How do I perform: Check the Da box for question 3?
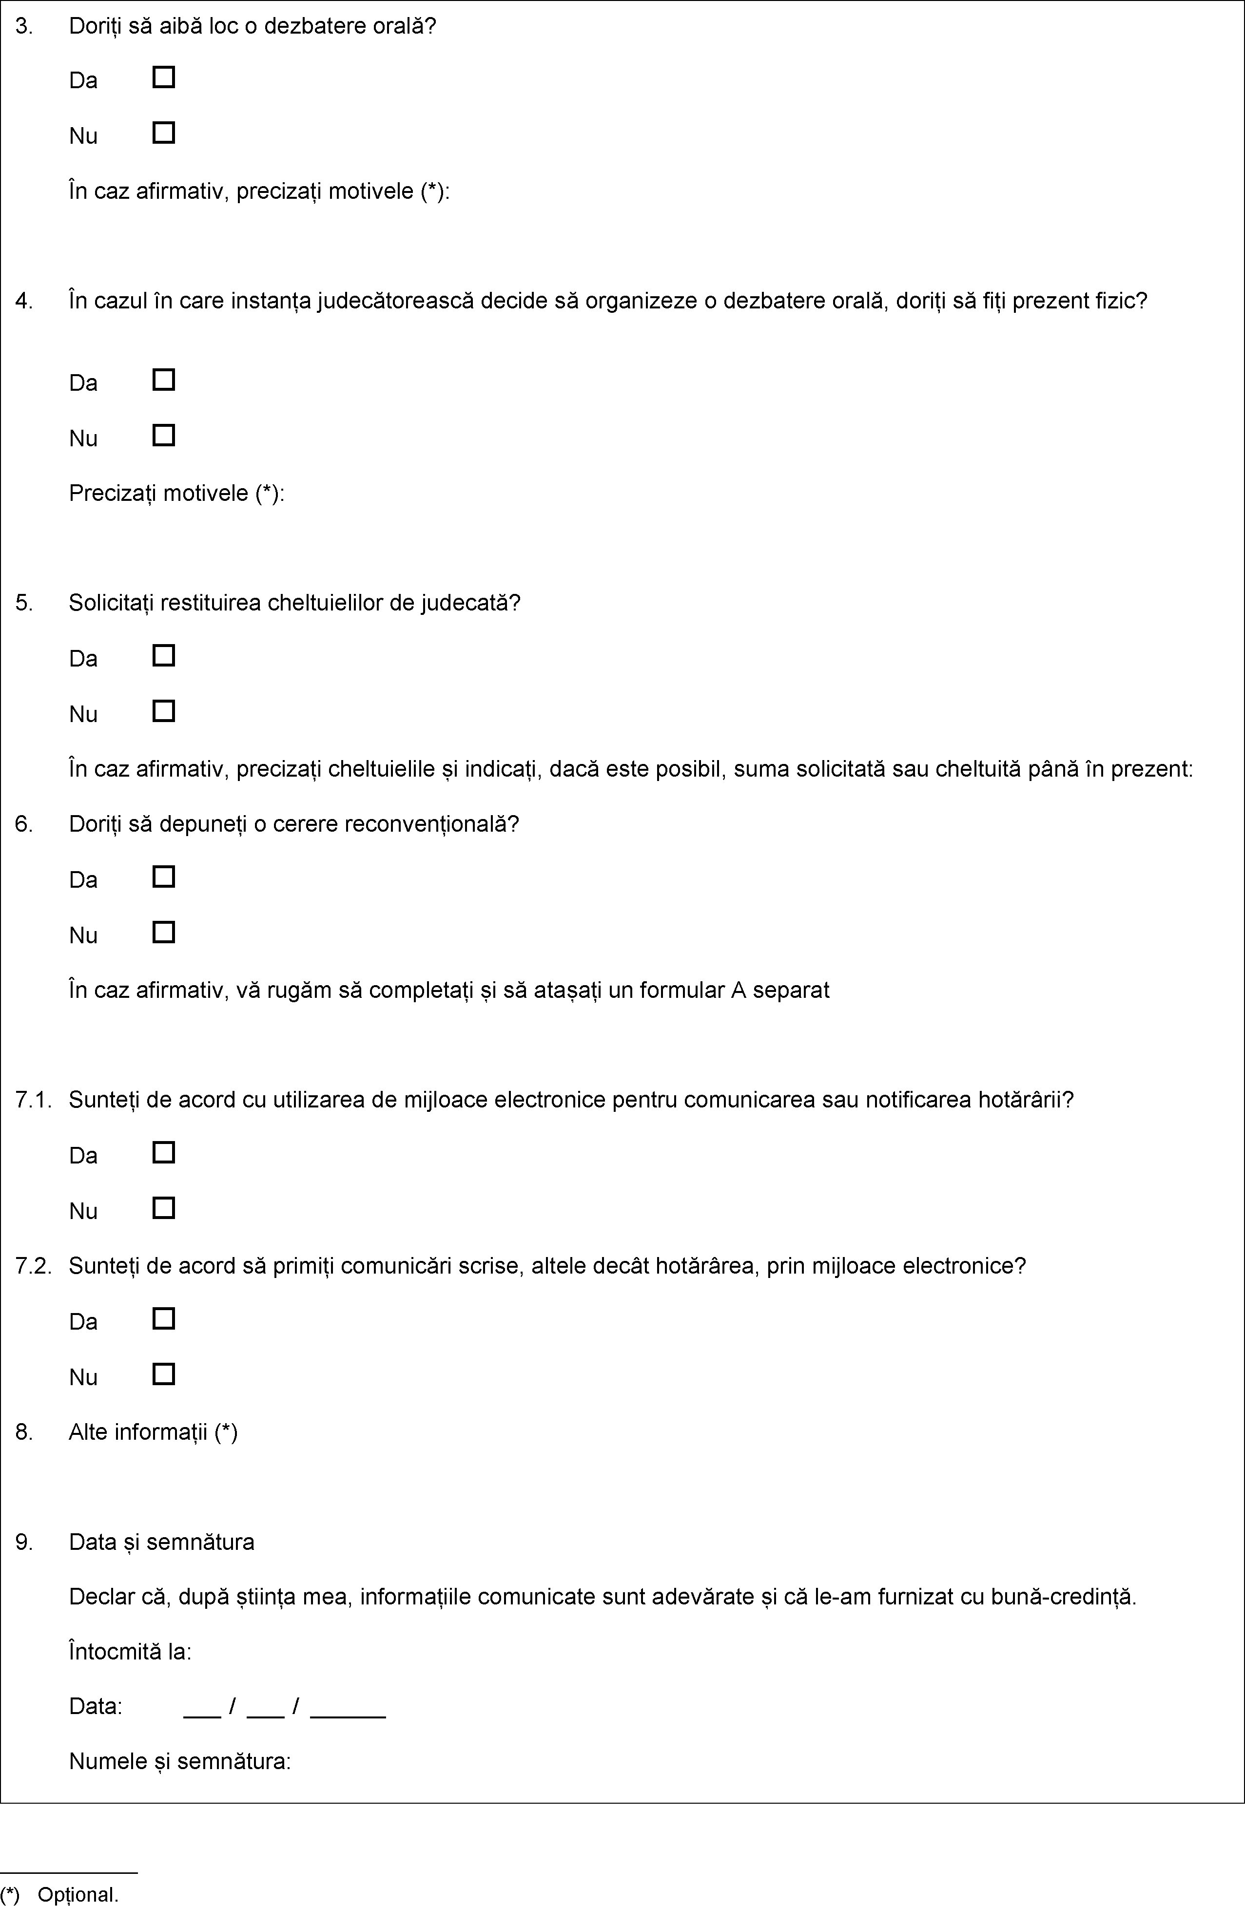point(163,77)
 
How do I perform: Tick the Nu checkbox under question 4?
point(163,436)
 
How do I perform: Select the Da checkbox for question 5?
point(163,656)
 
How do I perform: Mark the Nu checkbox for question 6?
point(163,933)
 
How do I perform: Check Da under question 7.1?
point(163,1153)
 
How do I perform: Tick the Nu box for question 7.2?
point(163,1375)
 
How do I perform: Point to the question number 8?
point(24,1432)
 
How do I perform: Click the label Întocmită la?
point(130,1652)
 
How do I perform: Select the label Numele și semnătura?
point(179,1762)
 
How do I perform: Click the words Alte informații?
point(138,1432)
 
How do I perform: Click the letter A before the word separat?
point(738,991)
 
